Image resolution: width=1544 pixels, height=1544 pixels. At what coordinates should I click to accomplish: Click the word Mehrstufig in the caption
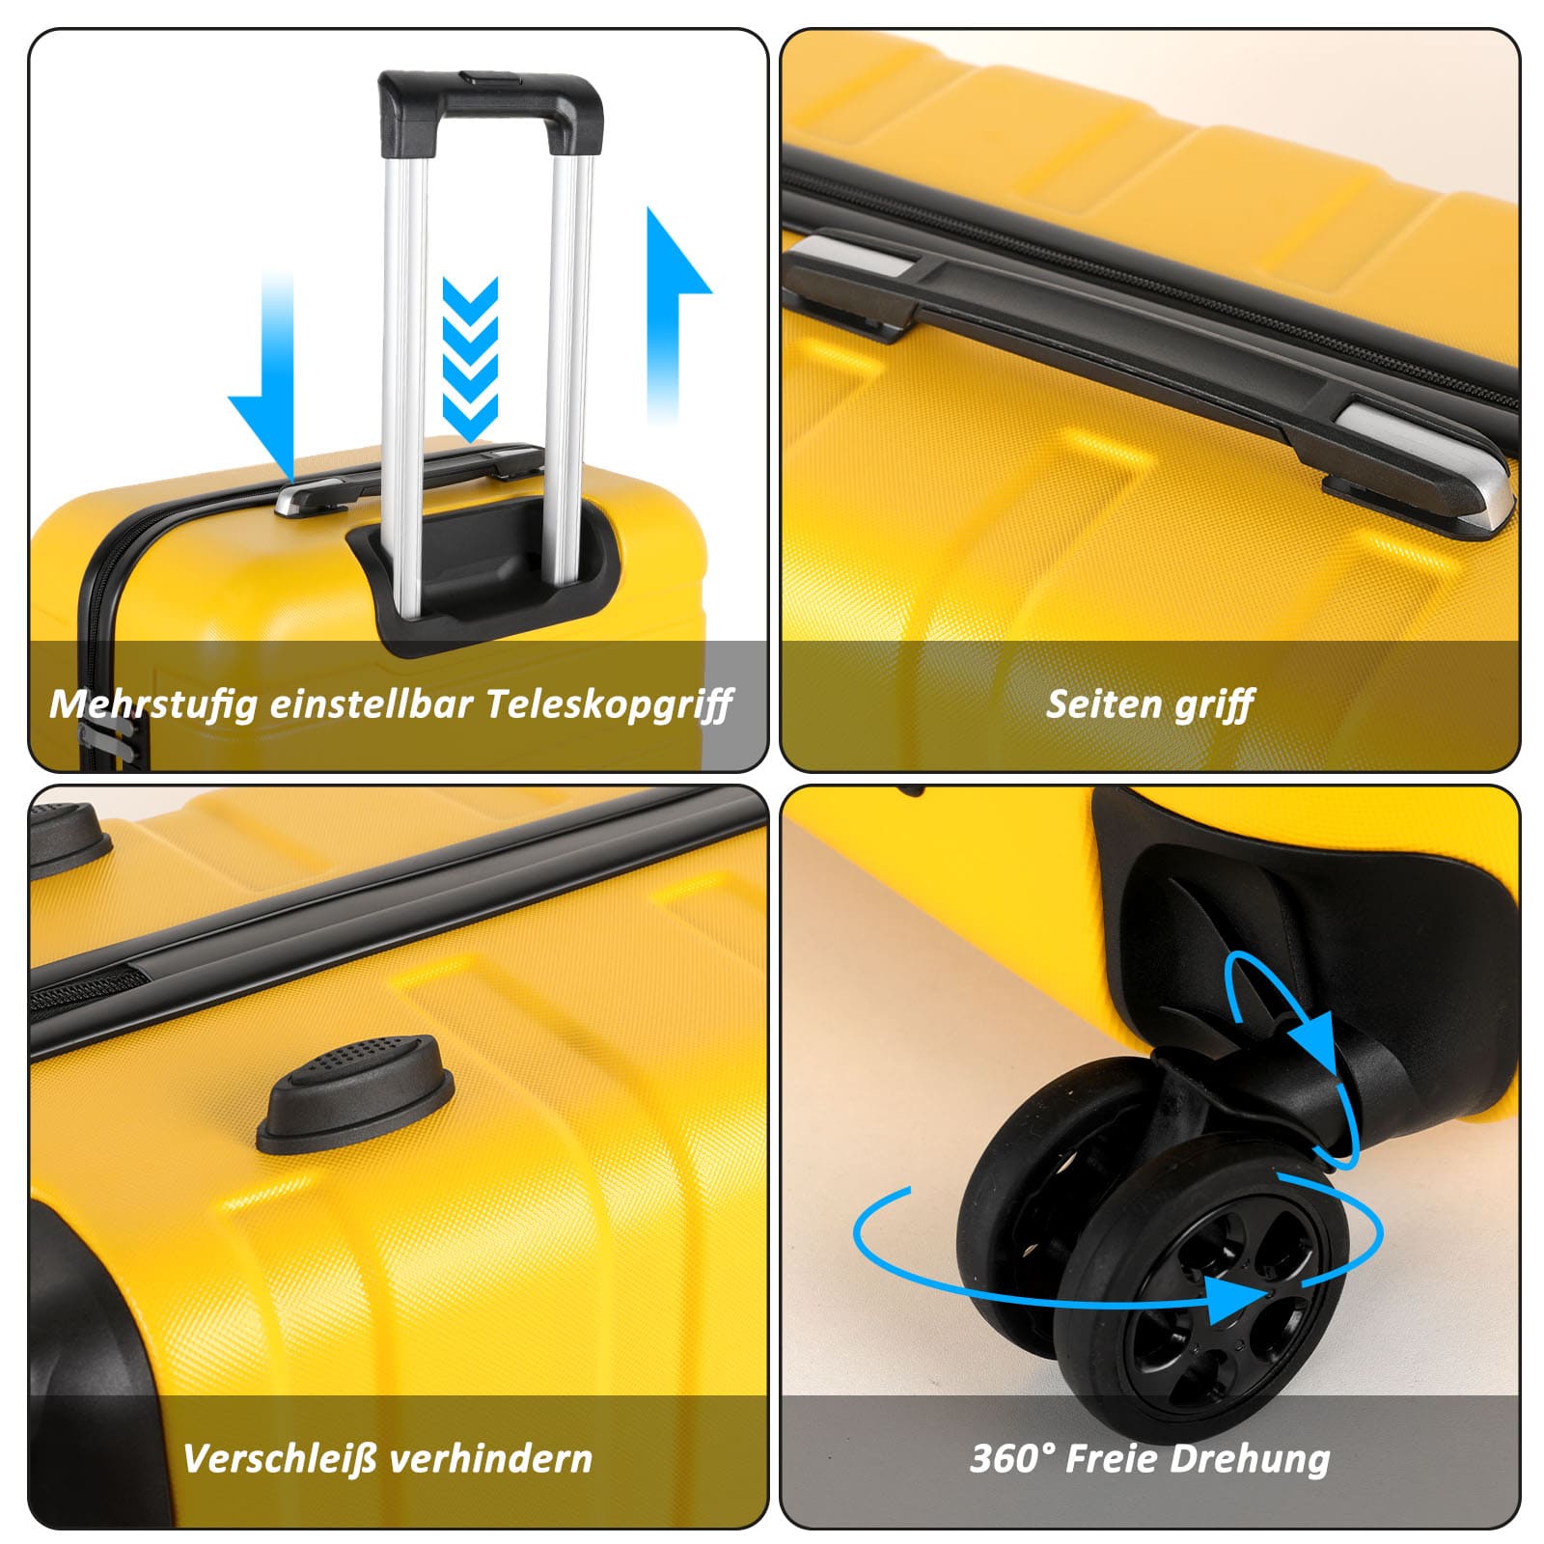pyautogui.click(x=154, y=703)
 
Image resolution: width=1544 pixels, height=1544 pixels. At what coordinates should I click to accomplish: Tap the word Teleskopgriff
pyautogui.click(x=609, y=703)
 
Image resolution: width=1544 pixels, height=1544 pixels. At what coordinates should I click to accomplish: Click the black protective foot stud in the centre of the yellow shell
pyautogui.click(x=355, y=1092)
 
